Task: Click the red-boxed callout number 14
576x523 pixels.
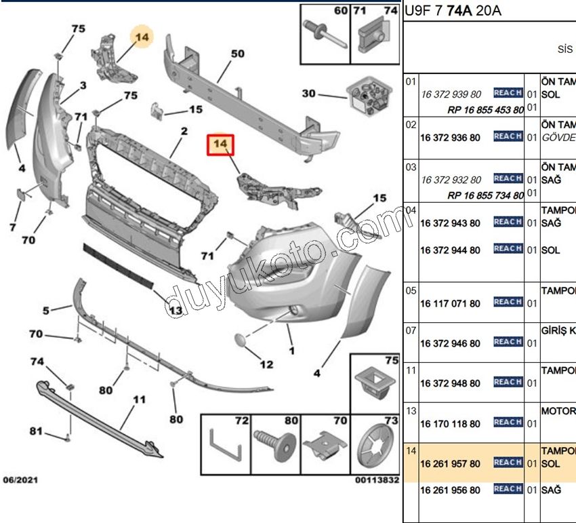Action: point(220,144)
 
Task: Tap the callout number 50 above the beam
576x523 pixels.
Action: point(237,54)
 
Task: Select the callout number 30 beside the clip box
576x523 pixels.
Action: point(308,94)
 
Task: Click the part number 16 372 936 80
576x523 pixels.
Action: point(450,138)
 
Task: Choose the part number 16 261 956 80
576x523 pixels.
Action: point(450,490)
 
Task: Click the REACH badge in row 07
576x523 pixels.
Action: point(508,343)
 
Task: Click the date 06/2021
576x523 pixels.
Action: point(20,480)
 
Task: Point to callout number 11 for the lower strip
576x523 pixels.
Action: point(138,400)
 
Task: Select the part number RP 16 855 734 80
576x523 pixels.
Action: point(485,195)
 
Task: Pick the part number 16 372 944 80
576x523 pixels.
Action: point(450,250)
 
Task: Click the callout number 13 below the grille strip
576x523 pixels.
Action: point(175,311)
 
